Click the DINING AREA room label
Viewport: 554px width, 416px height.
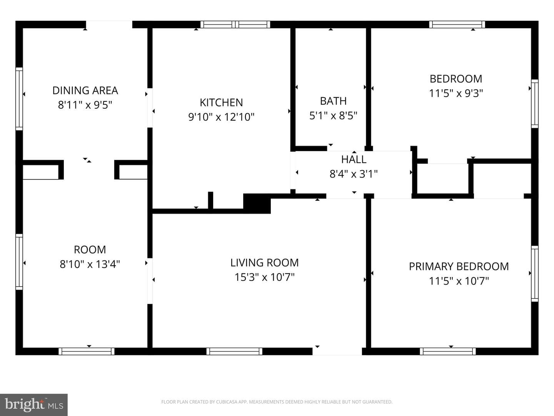(85, 91)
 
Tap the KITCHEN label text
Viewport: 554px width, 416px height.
(221, 102)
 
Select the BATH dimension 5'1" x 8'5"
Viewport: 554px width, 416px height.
(333, 116)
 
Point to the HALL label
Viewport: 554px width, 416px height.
(354, 159)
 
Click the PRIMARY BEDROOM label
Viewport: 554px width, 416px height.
(459, 267)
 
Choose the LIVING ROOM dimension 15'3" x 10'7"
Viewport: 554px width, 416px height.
(265, 277)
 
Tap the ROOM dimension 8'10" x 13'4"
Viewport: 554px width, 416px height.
(90, 264)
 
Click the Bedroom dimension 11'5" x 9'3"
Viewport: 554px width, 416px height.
(456, 93)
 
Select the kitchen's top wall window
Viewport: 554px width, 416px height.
(235, 25)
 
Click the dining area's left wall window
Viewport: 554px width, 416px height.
(19, 99)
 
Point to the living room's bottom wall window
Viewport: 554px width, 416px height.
(234, 351)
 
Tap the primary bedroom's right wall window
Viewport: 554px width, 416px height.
(534, 273)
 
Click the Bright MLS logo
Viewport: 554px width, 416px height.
(33, 404)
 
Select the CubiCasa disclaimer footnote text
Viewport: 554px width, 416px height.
(277, 402)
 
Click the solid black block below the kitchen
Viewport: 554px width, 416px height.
(257, 204)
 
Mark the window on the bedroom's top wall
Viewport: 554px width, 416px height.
(457, 25)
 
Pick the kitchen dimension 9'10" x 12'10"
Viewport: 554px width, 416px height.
(221, 117)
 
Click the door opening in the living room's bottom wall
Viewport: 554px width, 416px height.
(337, 351)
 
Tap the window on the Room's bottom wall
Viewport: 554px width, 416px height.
(86, 351)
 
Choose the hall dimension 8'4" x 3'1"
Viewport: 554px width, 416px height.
(354, 174)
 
